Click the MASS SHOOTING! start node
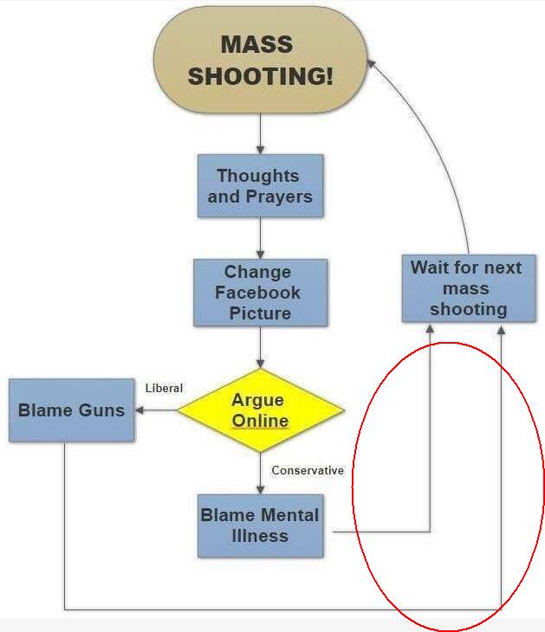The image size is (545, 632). (x=259, y=60)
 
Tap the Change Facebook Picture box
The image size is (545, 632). (x=260, y=293)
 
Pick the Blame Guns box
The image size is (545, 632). (x=71, y=410)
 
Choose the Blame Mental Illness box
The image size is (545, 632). (x=260, y=526)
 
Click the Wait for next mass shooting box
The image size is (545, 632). (x=467, y=288)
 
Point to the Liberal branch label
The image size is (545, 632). (x=164, y=388)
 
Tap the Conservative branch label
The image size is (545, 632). (x=308, y=471)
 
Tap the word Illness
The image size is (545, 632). (x=260, y=536)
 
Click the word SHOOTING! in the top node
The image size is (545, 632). (x=260, y=76)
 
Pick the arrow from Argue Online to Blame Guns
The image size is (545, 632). (x=156, y=410)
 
